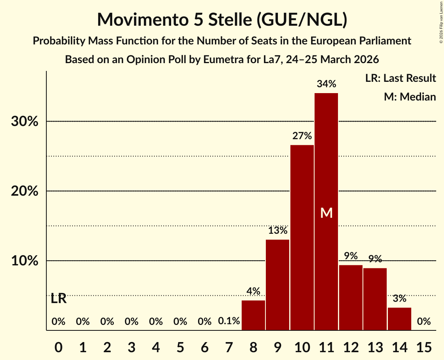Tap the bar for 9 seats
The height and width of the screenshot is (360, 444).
pos(278,285)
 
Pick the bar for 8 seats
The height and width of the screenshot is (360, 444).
pos(253,315)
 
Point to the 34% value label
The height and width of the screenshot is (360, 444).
pos(326,84)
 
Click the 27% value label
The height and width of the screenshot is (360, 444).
pos(302,136)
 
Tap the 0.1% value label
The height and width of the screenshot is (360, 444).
pos(229,321)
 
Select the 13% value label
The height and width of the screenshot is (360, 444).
pos(278,230)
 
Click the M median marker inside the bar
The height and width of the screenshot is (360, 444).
pos(326,213)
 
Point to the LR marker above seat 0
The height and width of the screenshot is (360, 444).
pos(58,299)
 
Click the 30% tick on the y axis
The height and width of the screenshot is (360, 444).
pos(25,122)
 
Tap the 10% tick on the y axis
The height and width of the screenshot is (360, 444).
pos(25,261)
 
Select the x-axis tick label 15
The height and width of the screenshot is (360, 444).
pos(424,347)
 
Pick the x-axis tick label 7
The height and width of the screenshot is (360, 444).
pos(229,347)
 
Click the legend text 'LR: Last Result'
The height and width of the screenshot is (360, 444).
pos(400,78)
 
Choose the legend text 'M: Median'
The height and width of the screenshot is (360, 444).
pos(410,97)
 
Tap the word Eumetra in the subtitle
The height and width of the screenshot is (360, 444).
pos(226,60)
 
